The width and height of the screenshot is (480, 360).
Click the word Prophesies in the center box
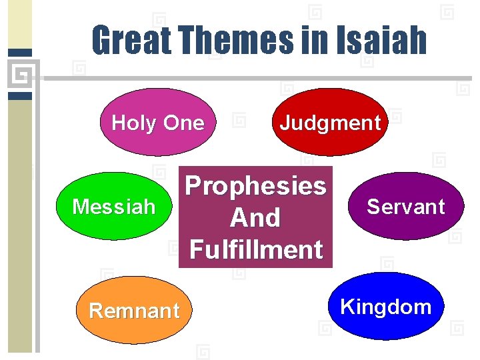(255, 185)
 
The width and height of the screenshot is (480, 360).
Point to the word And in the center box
(255, 217)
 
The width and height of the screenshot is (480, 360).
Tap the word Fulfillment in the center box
(255, 250)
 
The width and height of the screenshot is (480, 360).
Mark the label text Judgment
(330, 123)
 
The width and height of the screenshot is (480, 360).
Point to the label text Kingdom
(386, 307)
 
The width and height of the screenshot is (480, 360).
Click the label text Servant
(406, 207)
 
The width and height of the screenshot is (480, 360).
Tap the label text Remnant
(134, 311)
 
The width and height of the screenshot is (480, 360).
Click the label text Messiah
(113, 207)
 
